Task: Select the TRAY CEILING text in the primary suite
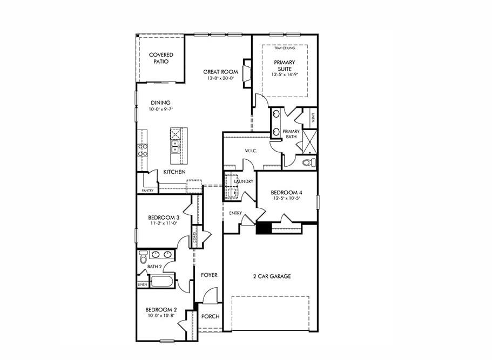[284, 48]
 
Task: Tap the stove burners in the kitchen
[143, 150]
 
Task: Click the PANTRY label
[147, 191]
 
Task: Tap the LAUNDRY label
[244, 181]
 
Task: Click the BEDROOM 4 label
[285, 192]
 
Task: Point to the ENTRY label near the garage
[235, 213]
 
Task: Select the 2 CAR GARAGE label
[272, 276]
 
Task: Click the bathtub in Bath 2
[162, 281]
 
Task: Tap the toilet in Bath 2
[143, 256]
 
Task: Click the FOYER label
[209, 275]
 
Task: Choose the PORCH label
[211, 316]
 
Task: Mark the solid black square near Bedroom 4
[263, 228]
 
